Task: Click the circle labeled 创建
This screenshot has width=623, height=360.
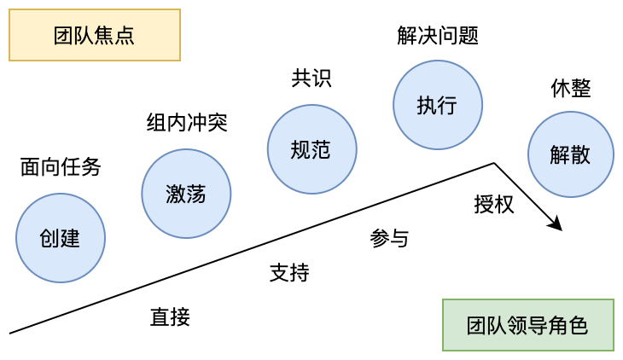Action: coord(61,238)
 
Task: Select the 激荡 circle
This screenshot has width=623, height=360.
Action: coord(186,194)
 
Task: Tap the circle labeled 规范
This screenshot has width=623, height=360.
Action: coord(311,149)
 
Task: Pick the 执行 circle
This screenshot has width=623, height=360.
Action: coord(438,105)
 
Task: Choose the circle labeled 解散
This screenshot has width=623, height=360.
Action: coord(570,154)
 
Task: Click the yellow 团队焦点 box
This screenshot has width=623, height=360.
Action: coord(95,35)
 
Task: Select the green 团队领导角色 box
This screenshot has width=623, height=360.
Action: coord(527,325)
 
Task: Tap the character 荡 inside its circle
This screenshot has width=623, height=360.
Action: coord(196,195)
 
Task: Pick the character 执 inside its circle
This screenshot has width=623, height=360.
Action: coord(428,106)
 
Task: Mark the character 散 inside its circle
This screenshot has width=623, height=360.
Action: coord(580,155)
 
